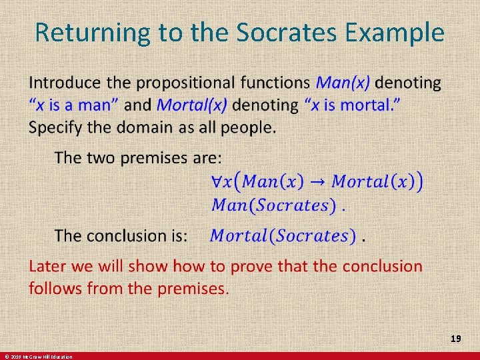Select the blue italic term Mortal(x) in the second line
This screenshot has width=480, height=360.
192,105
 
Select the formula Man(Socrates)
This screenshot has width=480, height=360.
273,205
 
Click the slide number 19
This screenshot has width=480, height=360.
456,339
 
